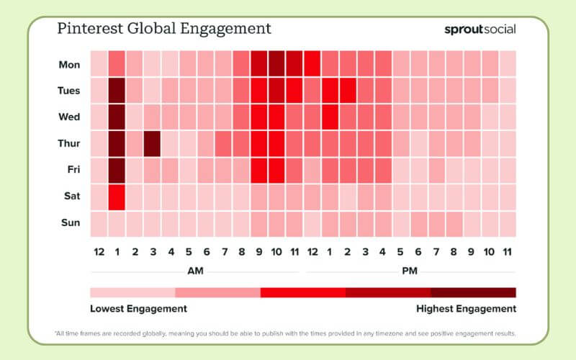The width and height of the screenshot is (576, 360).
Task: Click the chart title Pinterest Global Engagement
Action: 164,29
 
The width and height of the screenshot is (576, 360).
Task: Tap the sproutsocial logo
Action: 480,30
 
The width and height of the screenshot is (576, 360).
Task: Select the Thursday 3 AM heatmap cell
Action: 152,143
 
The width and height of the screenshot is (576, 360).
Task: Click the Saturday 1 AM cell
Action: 117,196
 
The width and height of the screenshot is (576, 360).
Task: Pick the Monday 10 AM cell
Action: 276,65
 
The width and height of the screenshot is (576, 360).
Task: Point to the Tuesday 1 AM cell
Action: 117,91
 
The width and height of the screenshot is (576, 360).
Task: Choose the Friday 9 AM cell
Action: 258,170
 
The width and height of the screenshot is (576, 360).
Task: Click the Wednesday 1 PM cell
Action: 330,117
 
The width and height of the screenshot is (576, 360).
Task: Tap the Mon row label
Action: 69,65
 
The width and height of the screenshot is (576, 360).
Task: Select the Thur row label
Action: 69,143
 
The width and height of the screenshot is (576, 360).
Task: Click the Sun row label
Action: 71,222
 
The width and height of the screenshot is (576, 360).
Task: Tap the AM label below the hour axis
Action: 195,271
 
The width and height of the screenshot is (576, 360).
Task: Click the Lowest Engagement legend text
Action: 138,308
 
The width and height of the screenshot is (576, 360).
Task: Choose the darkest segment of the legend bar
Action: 473,292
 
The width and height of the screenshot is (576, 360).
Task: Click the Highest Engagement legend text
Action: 467,308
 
